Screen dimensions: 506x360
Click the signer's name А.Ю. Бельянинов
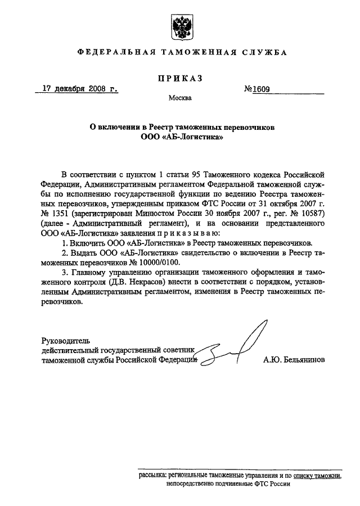click(x=293, y=359)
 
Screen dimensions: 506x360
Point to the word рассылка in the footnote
click(x=152, y=475)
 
